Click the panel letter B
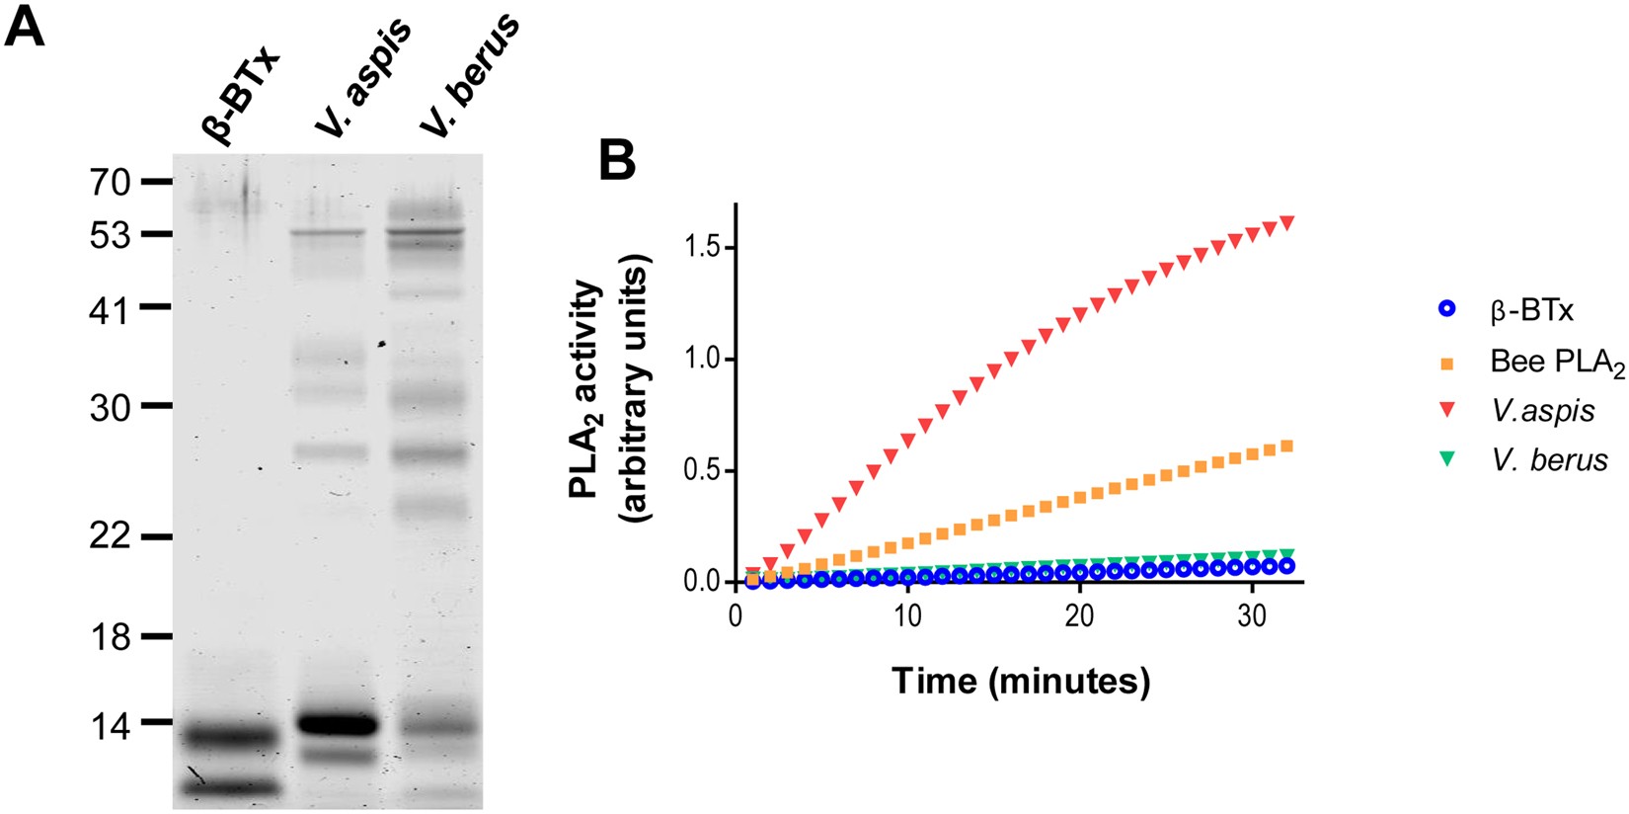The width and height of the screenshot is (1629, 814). click(617, 159)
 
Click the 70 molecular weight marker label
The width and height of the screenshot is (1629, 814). click(109, 182)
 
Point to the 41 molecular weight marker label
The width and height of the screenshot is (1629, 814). click(109, 311)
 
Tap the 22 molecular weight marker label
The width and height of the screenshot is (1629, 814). click(109, 536)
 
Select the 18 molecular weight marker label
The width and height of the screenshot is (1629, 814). click(109, 637)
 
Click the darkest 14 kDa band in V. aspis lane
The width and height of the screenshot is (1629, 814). click(339, 725)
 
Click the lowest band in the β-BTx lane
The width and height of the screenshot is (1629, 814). click(232, 787)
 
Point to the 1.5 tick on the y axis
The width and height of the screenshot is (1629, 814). click(703, 247)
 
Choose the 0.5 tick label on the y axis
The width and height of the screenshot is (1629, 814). click(703, 470)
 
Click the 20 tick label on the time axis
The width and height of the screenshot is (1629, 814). click(1079, 615)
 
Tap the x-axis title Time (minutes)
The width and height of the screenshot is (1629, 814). click(1021, 681)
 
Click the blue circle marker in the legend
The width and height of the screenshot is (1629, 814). click(1446, 310)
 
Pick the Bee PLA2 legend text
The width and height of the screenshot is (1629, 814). click(1557, 363)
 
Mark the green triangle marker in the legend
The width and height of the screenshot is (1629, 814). click(1446, 458)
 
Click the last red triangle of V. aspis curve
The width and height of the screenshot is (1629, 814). click(1286, 222)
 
